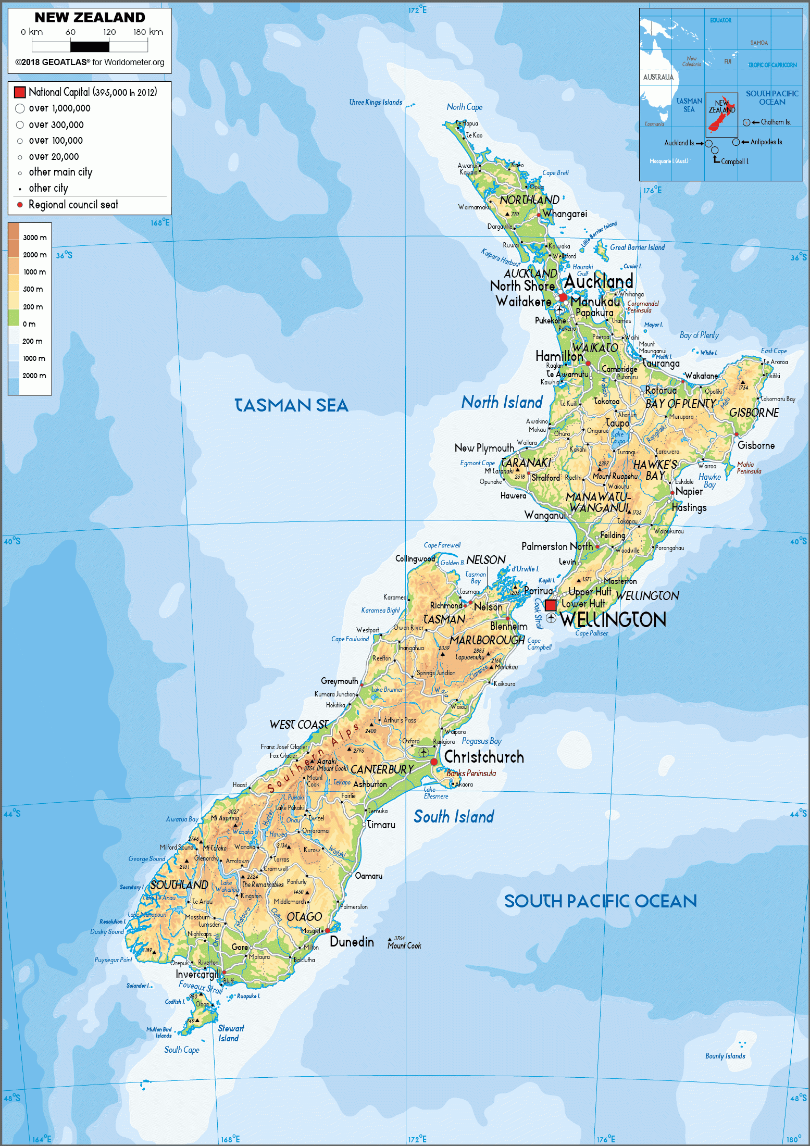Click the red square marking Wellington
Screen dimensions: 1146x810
click(x=551, y=605)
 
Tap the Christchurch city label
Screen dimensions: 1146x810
click(x=484, y=757)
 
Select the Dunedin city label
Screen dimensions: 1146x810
click(x=352, y=942)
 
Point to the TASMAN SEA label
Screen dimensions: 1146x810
click(x=291, y=405)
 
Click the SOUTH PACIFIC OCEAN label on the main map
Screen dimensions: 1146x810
click(x=600, y=901)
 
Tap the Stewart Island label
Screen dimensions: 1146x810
click(x=230, y=1033)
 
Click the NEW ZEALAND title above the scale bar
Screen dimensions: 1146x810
click(x=90, y=18)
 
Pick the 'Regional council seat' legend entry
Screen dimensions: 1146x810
click(x=73, y=205)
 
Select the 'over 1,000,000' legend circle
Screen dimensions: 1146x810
click(x=20, y=108)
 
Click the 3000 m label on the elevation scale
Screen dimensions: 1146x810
click(x=34, y=238)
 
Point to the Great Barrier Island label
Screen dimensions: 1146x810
click(x=637, y=247)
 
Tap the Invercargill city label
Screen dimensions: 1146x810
click(x=196, y=974)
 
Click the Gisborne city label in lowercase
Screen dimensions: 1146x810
click(x=756, y=445)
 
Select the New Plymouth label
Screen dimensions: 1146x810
click(x=484, y=448)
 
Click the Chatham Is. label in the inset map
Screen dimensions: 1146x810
click(x=775, y=122)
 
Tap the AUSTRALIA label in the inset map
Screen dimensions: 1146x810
click(x=658, y=77)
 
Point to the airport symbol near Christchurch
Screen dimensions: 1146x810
click(x=424, y=752)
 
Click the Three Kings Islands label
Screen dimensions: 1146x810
click(x=376, y=102)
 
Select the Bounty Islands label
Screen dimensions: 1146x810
click(x=725, y=1056)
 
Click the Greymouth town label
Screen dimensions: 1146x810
click(x=339, y=681)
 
